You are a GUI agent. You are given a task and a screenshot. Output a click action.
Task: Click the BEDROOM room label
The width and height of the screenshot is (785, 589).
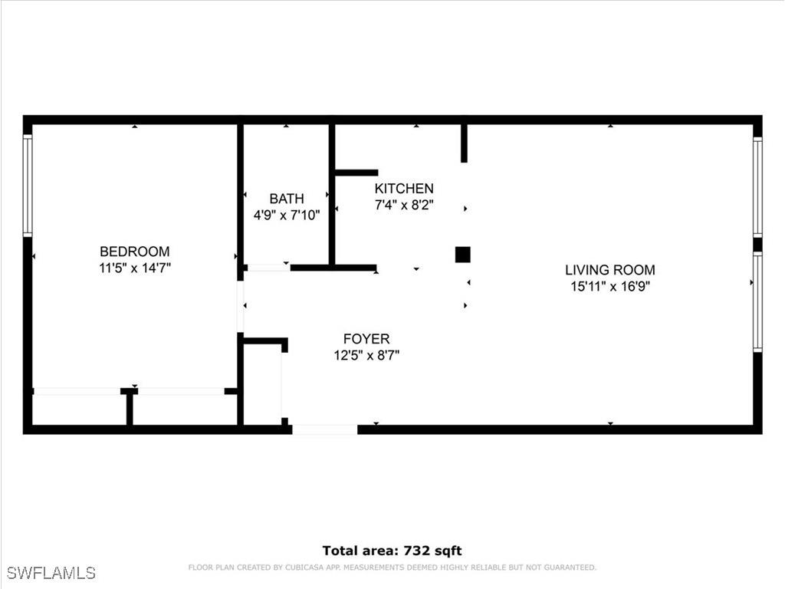[135, 252]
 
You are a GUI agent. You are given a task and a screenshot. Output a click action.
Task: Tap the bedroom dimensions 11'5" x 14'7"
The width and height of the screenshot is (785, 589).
[135, 268]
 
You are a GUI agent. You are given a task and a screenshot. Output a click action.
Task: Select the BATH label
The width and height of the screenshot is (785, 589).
[287, 199]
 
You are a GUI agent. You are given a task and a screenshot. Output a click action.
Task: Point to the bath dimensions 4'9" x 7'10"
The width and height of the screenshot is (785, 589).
[287, 216]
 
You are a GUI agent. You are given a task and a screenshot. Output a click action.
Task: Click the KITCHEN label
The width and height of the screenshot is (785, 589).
[404, 189]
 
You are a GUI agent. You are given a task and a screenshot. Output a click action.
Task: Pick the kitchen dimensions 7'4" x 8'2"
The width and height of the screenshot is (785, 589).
[404, 205]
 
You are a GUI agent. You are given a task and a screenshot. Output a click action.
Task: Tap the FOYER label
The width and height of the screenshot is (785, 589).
[366, 339]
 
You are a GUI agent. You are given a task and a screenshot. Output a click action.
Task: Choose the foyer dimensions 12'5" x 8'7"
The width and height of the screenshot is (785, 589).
[366, 355]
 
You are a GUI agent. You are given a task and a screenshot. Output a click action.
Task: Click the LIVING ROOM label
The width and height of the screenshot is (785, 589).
[610, 270]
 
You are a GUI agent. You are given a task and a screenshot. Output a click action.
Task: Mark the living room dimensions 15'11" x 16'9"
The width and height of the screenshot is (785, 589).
[610, 287]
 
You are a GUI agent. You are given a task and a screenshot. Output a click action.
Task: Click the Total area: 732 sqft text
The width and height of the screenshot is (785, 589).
[392, 551]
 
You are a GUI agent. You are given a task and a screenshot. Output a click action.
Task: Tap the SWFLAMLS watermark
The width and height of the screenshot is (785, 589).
[51, 573]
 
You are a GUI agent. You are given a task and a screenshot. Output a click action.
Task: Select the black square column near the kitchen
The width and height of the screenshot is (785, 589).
[462, 255]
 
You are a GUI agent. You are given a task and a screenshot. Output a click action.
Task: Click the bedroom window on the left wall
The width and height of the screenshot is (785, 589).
[28, 185]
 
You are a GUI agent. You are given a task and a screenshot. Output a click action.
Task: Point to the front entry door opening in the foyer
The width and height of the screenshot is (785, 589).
[324, 429]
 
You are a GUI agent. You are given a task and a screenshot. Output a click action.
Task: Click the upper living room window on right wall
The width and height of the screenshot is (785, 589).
[757, 187]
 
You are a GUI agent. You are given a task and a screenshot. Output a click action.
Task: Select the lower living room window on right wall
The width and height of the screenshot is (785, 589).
[757, 302]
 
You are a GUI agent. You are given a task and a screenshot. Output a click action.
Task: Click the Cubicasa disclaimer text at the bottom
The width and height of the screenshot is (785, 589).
[392, 568]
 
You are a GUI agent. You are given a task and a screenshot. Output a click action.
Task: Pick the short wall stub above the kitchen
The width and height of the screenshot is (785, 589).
[464, 143]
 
